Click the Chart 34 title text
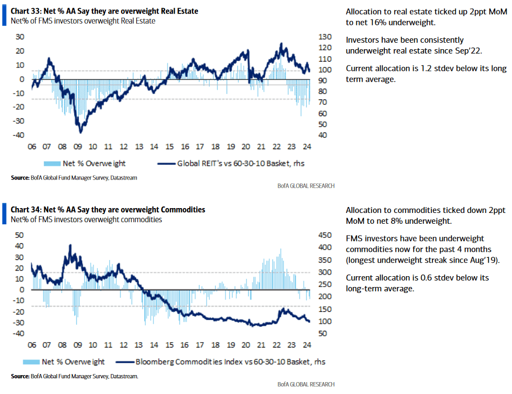tap(108, 210)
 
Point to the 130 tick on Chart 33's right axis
tap(324, 37)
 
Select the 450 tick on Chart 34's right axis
tap(323, 235)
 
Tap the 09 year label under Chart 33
tap(77, 146)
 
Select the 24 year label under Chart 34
tap(307, 345)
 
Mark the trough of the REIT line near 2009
tap(81, 132)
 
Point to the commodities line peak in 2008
tap(70, 245)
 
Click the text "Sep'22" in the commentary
tap(467, 50)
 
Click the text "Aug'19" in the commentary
tap(484, 260)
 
